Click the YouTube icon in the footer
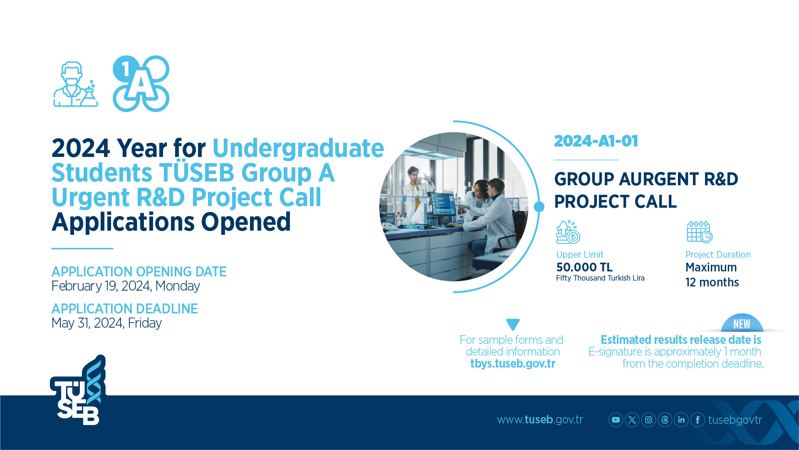click(616, 420)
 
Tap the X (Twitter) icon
click(632, 420)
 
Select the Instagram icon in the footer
click(648, 420)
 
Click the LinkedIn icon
click(681, 420)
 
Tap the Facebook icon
click(698, 420)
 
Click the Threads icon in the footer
click(665, 420)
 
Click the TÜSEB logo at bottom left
click(78, 390)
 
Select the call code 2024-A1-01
click(596, 141)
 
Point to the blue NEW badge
click(742, 323)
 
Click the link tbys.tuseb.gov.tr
click(513, 363)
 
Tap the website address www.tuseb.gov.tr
click(540, 420)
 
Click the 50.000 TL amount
click(584, 267)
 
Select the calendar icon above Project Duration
click(700, 232)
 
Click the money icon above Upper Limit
click(568, 232)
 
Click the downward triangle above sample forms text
click(513, 324)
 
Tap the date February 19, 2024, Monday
click(126, 286)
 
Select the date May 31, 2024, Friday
click(106, 323)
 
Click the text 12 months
click(712, 282)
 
